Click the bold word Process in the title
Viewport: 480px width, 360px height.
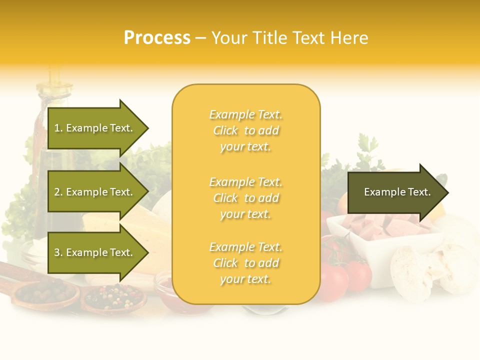(157, 38)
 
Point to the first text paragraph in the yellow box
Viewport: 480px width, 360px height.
(245, 130)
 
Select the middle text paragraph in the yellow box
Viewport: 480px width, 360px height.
(245, 198)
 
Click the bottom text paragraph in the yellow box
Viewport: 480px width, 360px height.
(245, 263)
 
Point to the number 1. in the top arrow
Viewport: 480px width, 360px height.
(58, 128)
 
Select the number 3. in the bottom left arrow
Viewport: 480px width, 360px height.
(58, 252)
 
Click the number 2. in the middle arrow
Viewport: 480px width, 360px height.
(58, 192)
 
